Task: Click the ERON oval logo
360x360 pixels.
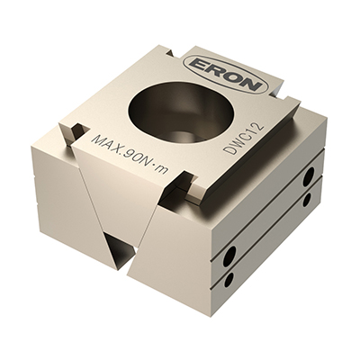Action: click(225, 73)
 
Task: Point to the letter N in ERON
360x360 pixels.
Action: click(249, 83)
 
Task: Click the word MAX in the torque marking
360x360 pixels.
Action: click(104, 145)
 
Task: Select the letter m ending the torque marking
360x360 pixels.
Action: click(162, 170)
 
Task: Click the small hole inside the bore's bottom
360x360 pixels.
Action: click(180, 136)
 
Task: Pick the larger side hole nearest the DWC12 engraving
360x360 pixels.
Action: click(308, 177)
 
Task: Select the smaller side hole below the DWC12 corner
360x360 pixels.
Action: click(307, 200)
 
